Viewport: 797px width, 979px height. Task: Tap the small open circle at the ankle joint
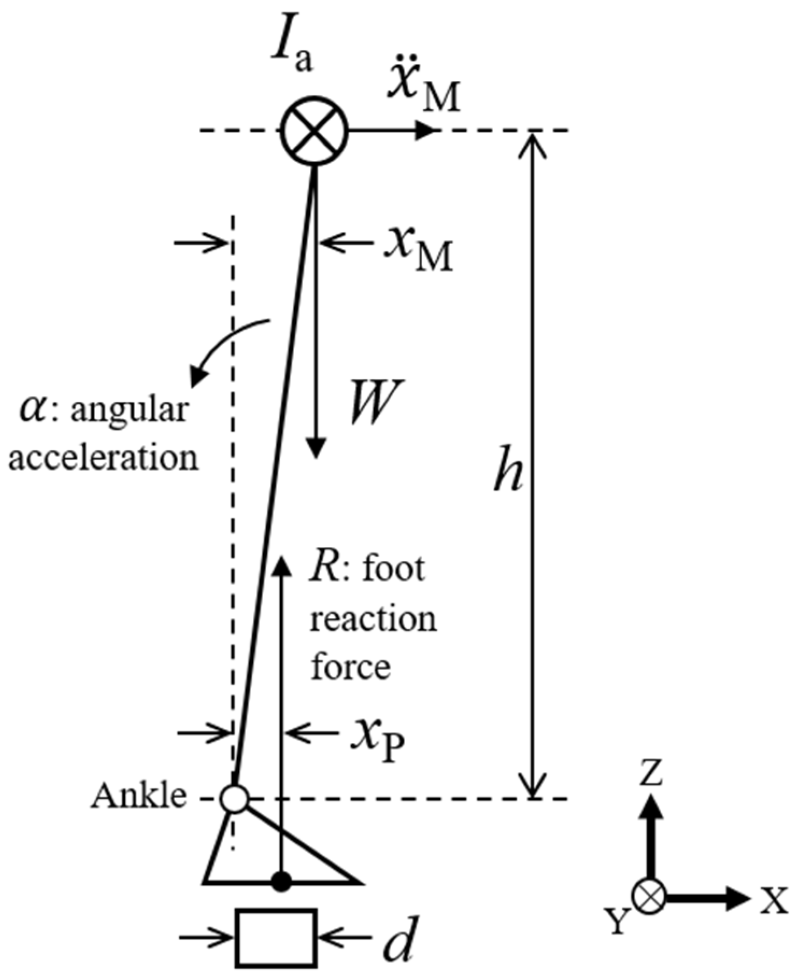[234, 798]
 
